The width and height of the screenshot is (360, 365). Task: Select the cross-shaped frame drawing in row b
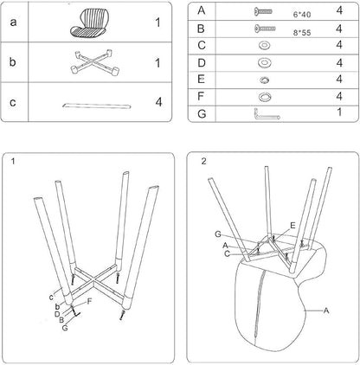[94, 62]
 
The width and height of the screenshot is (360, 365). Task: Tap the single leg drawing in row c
[97, 106]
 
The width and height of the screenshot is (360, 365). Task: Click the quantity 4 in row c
[158, 102]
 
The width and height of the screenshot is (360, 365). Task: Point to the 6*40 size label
[302, 15]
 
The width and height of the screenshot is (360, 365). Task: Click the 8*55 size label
[302, 33]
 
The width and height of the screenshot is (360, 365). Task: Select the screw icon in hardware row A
[263, 11]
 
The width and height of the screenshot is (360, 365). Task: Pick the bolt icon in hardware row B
[265, 29]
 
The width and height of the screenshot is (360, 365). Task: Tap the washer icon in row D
[264, 62]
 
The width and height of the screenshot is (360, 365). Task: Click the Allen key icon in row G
[267, 115]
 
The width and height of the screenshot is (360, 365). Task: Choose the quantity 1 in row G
[339, 112]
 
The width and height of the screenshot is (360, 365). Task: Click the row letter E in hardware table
[202, 79]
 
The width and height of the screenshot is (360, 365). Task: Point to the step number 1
[13, 161]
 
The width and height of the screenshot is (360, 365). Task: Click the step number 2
[203, 162]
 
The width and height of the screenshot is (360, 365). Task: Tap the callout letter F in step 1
[89, 302]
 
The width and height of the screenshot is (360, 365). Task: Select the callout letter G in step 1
[65, 328]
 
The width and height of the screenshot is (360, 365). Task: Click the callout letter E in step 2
[292, 226]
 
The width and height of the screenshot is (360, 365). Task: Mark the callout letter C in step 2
[227, 254]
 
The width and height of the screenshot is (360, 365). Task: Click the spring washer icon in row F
[264, 97]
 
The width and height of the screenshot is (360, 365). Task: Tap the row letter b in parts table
[12, 62]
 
